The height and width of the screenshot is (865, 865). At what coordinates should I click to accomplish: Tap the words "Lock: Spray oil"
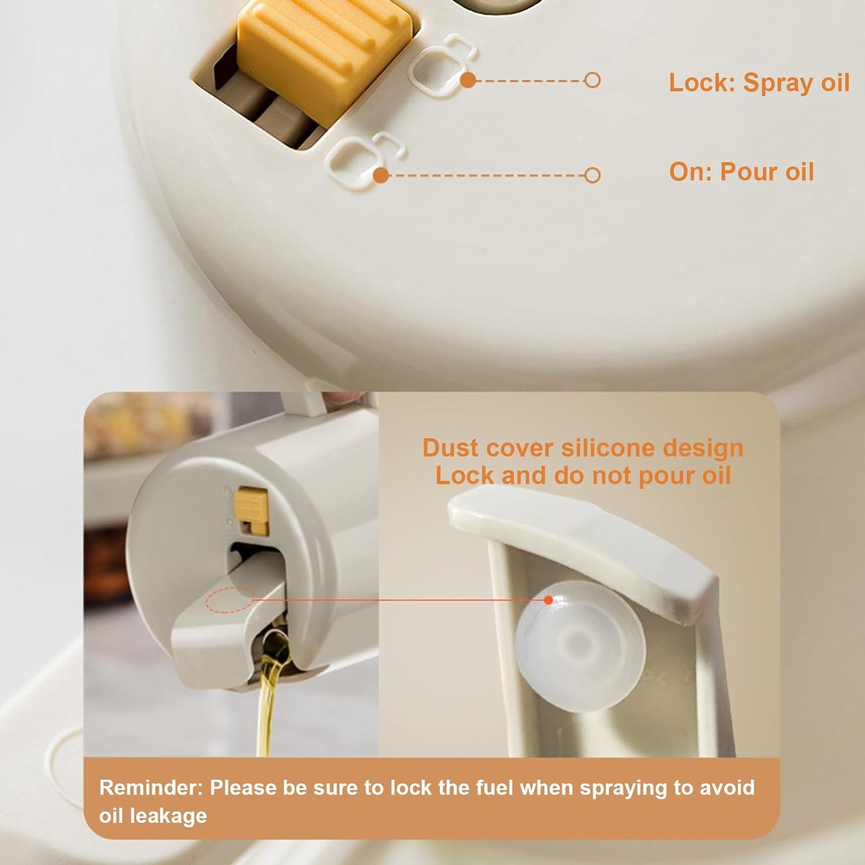[759, 83]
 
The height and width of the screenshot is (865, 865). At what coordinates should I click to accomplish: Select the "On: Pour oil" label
[742, 172]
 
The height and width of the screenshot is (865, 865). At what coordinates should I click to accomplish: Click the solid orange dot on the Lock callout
[468, 80]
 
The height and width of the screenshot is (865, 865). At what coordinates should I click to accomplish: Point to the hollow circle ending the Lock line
[593, 80]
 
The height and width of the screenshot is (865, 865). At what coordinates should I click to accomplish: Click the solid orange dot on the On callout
[381, 175]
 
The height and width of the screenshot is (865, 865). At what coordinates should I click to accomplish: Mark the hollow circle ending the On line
[593, 175]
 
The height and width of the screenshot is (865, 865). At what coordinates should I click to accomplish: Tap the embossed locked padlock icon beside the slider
[442, 65]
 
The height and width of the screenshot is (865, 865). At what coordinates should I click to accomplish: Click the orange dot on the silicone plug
[548, 600]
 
